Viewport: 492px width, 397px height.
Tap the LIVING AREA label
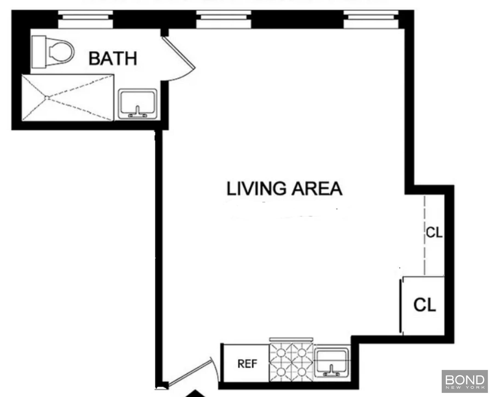[x=284, y=189]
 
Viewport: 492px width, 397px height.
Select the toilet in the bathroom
[x=53, y=52]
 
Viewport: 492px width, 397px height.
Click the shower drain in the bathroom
[x=47, y=98]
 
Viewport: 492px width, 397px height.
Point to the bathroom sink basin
[x=137, y=104]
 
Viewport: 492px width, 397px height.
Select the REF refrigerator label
[x=247, y=364]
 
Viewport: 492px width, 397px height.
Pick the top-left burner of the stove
[x=281, y=353]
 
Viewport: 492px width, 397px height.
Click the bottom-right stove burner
[x=301, y=372]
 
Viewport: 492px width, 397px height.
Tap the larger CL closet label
[x=424, y=304]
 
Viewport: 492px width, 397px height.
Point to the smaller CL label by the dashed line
[x=434, y=233]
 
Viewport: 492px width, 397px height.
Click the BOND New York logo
[x=465, y=381]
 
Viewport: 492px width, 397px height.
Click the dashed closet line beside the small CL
[x=424, y=235]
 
